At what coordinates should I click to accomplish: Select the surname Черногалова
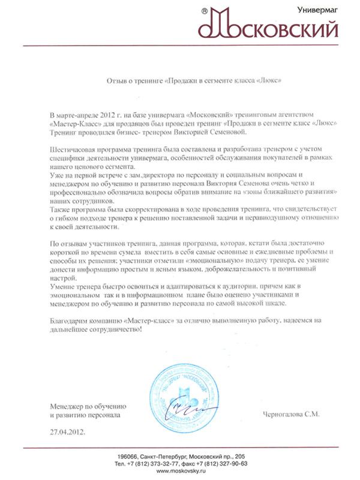(286, 414)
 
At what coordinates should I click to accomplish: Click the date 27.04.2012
(68, 431)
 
